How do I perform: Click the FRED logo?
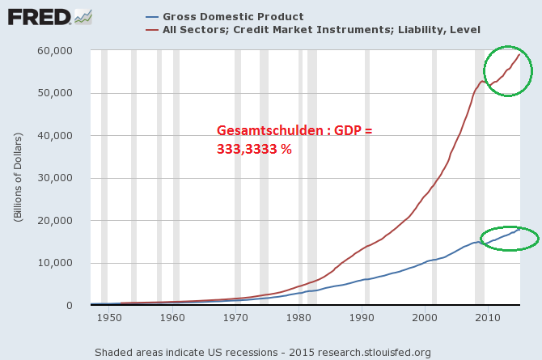point(38,17)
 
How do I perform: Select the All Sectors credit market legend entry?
point(321,30)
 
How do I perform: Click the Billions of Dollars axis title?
point(19,178)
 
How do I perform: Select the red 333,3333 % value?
point(254,150)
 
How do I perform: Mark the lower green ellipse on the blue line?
point(509,239)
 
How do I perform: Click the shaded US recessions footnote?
point(262,352)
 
